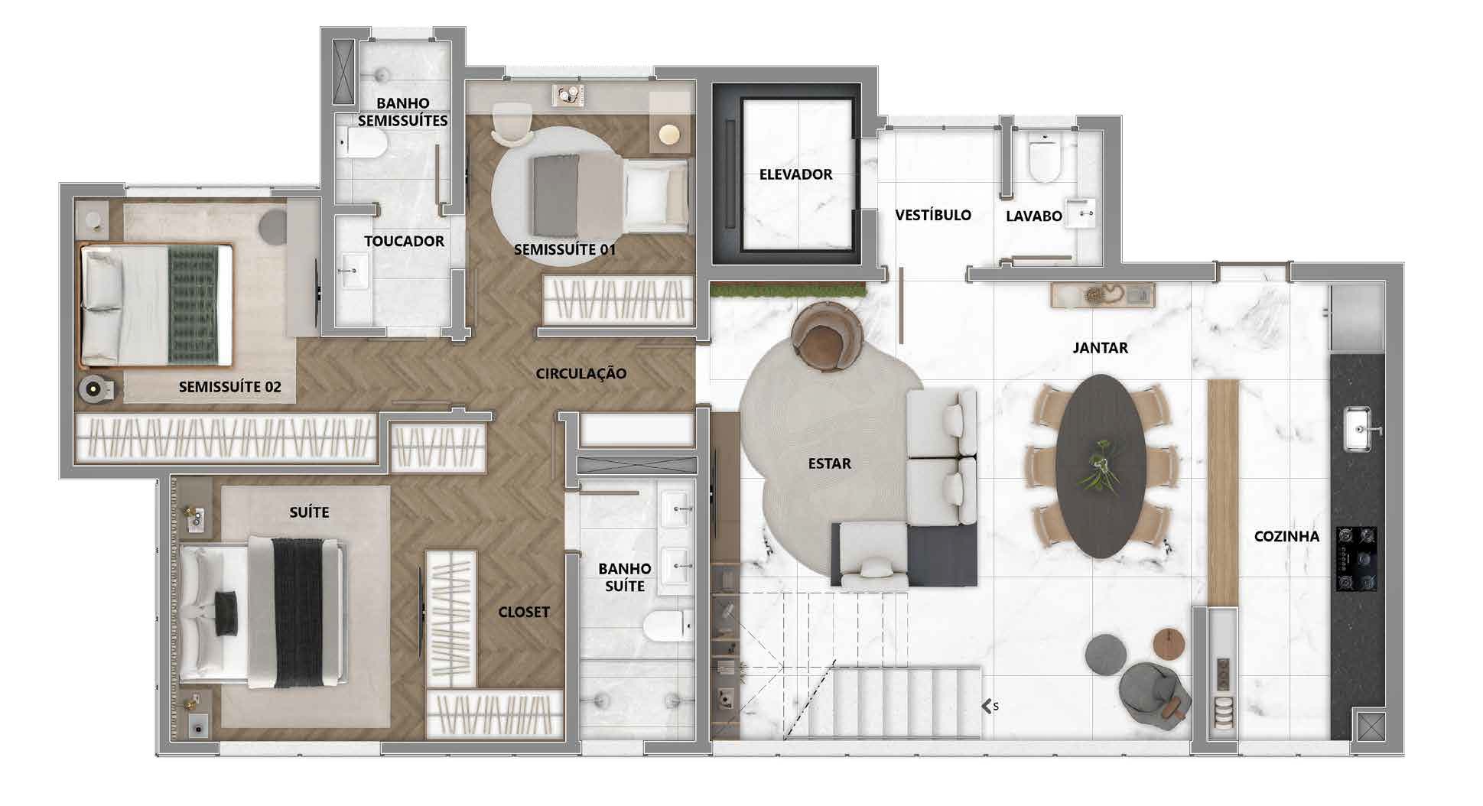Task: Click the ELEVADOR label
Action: click(x=795, y=174)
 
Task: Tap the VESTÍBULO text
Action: click(x=933, y=215)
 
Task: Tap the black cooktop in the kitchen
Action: click(x=1357, y=558)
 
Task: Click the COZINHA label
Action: click(x=1286, y=536)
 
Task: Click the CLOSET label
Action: click(x=524, y=612)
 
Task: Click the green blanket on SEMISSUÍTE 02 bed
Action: click(x=193, y=304)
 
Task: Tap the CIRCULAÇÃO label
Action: click(x=581, y=373)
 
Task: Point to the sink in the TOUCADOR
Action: click(x=353, y=271)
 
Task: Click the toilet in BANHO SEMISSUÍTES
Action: click(x=364, y=141)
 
